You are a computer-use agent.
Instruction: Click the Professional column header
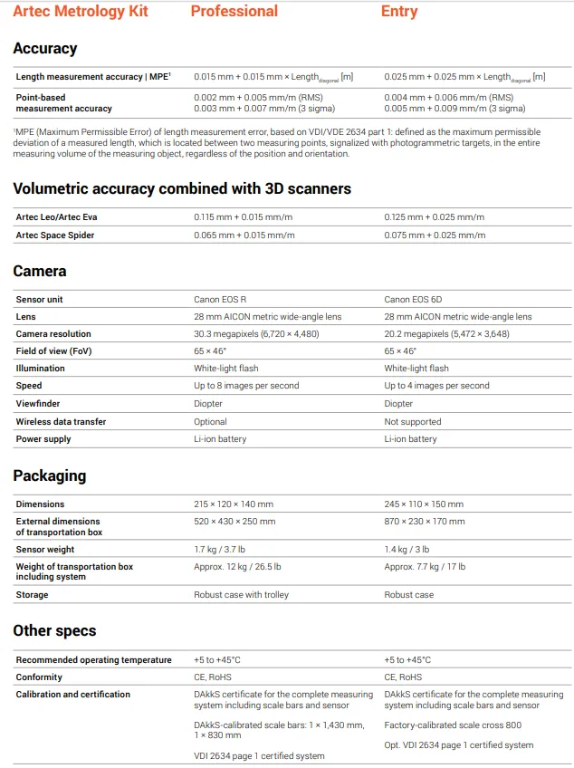[x=234, y=12]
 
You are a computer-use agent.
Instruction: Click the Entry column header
[x=399, y=12]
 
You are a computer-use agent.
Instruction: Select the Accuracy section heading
[x=45, y=48]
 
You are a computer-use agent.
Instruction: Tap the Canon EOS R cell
[x=220, y=299]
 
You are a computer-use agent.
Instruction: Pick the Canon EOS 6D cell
[x=413, y=299]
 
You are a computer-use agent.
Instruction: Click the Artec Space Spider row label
[x=55, y=235]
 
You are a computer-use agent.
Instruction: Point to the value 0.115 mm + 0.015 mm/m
[x=244, y=217]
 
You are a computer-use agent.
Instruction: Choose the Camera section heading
[x=40, y=271]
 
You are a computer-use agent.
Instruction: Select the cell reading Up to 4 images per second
[x=437, y=386]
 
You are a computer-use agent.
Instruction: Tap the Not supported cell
[x=413, y=421]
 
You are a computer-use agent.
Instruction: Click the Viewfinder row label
[x=38, y=404]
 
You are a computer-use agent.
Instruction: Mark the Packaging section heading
[x=50, y=475]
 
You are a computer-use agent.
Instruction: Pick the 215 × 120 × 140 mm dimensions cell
[x=234, y=504]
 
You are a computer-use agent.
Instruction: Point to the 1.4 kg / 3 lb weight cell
[x=407, y=549]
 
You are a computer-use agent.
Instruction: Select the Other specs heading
[x=54, y=630]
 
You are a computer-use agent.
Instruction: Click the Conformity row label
[x=39, y=677]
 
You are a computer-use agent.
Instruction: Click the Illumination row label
[x=41, y=369]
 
